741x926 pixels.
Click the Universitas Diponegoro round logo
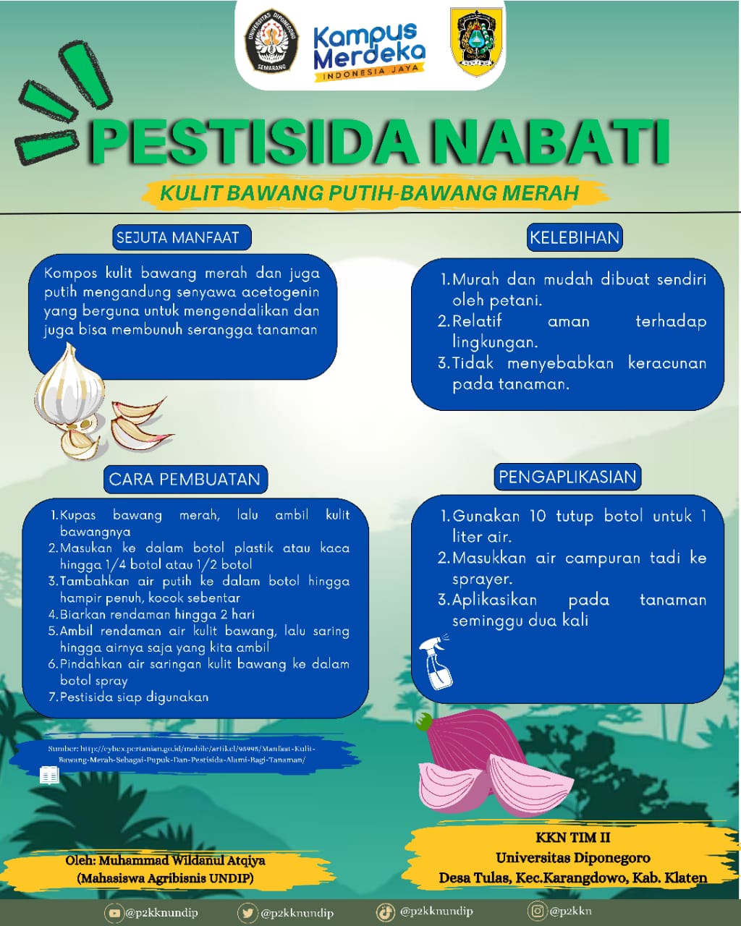[271, 41]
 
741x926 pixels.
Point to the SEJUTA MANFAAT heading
[177, 237]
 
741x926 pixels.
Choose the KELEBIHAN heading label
[575, 237]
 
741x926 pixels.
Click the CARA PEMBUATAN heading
[185, 479]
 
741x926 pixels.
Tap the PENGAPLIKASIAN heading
[567, 477]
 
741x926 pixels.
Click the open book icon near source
[49, 776]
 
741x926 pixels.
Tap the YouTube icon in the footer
[114, 913]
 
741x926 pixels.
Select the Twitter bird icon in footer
[247, 913]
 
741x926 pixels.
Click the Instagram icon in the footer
[537, 911]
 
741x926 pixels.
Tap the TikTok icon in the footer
[386, 912]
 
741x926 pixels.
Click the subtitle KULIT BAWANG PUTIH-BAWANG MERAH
[369, 192]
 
